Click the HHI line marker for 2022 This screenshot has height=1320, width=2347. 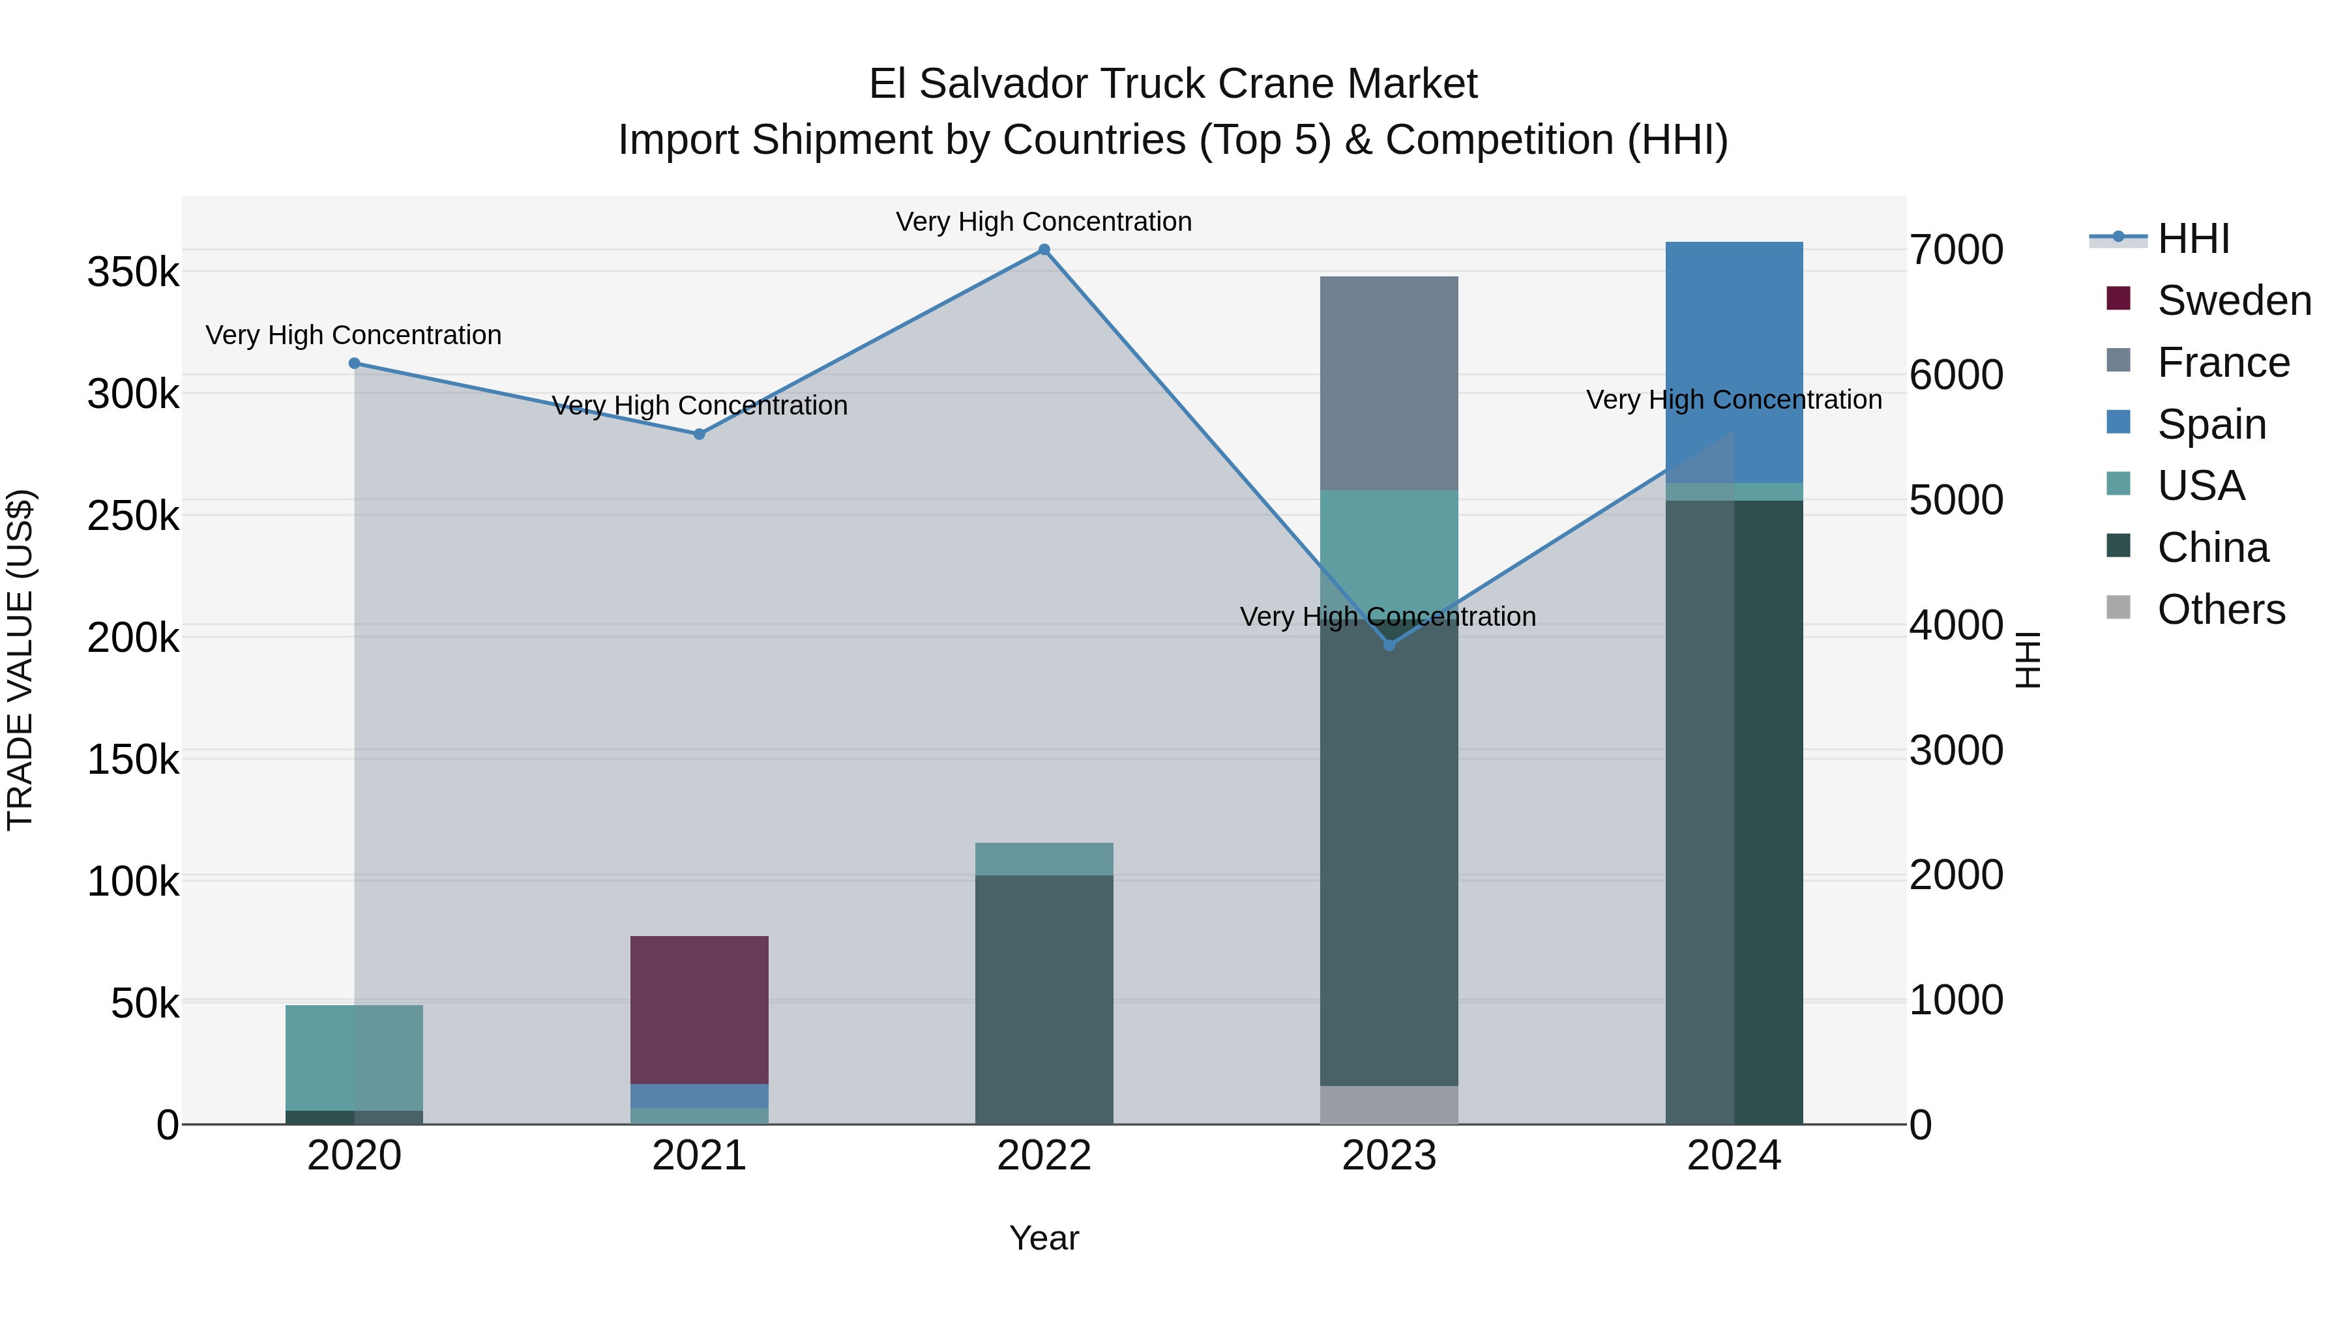coord(1044,250)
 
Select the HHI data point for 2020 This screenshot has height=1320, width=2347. coord(355,364)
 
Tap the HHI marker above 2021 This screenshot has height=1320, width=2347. coord(700,435)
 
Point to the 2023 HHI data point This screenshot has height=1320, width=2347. coord(1389,645)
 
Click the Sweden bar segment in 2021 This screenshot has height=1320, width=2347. coord(700,1009)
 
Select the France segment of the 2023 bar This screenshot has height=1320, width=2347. coord(1389,383)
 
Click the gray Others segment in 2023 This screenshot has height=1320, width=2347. coord(1389,1104)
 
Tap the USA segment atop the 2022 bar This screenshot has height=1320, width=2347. coord(1044,858)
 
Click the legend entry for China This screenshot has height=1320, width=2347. coord(2212,548)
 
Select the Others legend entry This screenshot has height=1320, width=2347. coord(2221,609)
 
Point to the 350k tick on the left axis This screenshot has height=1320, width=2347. coord(133,271)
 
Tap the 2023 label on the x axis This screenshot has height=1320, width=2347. coord(1389,1156)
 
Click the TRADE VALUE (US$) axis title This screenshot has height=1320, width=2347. coord(20,660)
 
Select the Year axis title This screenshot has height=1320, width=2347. coord(1044,1238)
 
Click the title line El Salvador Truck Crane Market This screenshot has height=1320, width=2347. coord(1173,84)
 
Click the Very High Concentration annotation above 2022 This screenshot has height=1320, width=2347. coord(1044,222)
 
